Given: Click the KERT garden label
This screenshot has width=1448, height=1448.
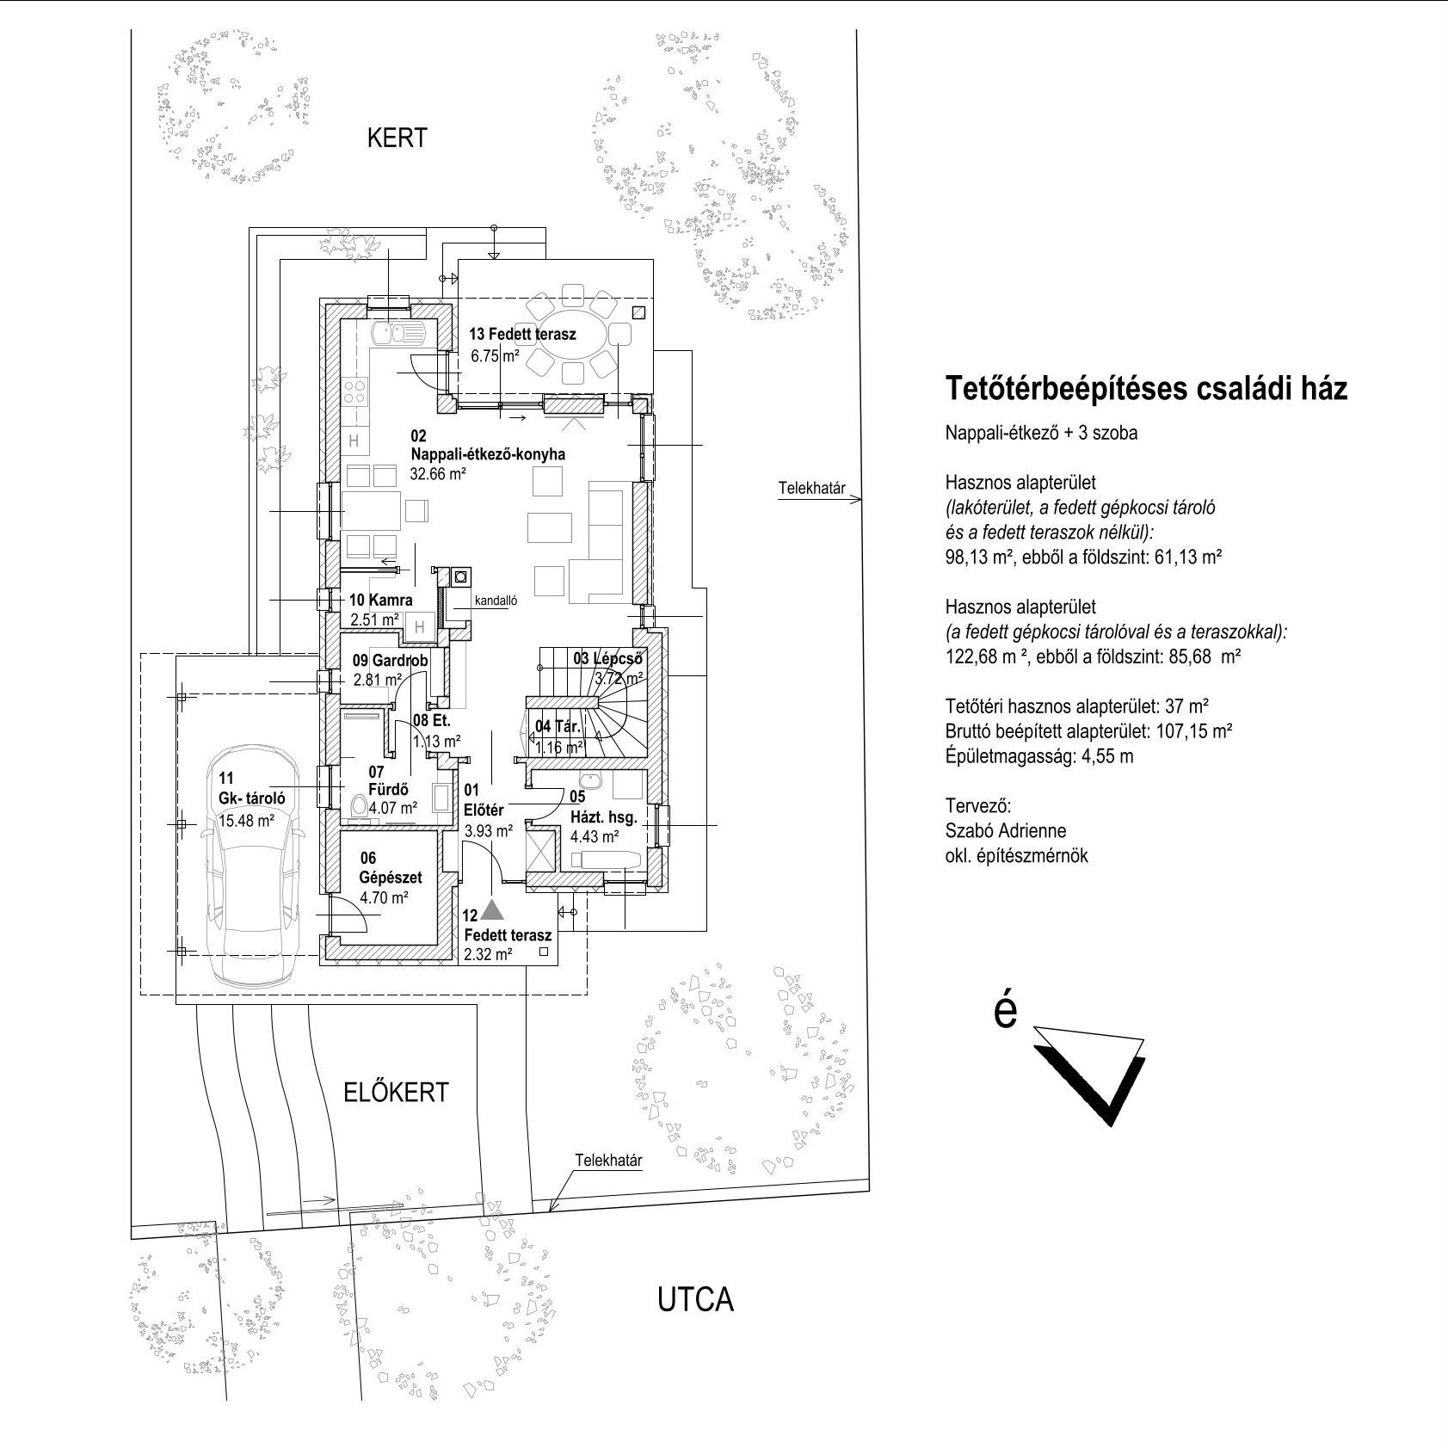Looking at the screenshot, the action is click(x=397, y=138).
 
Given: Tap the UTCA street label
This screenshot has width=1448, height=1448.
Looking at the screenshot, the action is click(x=695, y=1300).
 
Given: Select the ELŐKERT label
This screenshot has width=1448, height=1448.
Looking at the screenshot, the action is click(x=396, y=1092).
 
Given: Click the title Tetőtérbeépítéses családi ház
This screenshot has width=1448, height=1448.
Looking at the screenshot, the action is click(x=1147, y=390).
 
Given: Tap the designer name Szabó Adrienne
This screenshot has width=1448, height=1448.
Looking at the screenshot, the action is click(x=1006, y=831).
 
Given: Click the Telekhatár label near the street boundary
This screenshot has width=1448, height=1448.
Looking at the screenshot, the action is click(x=609, y=1161).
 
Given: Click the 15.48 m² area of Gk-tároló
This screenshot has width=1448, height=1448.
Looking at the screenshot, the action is click(x=247, y=821).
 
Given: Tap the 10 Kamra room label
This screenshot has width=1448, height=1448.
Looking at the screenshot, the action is click(x=380, y=601).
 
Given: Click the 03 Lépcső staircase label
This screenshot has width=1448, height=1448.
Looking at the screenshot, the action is click(x=608, y=659).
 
